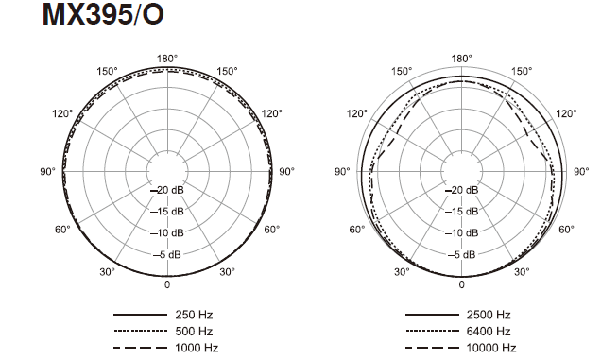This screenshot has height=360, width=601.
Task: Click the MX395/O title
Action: pos(103,14)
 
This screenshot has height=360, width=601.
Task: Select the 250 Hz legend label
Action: pos(194,315)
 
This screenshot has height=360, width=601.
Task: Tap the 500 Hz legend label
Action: pos(194,331)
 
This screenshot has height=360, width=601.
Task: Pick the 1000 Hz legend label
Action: pos(197,348)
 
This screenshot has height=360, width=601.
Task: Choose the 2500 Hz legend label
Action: pos(489,315)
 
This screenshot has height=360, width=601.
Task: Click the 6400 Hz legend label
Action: pos(489,331)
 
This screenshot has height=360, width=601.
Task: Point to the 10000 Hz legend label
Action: pos(491,348)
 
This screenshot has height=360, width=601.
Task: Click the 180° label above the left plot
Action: pos(167,59)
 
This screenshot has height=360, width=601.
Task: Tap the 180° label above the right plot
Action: pos(461,59)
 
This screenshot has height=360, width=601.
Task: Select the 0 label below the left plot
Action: pos(167,284)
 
